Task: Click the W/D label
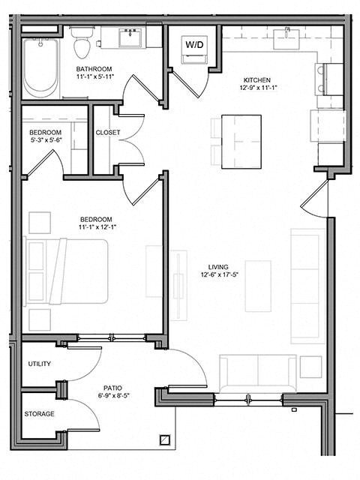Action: click(195, 45)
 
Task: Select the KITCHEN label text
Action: click(257, 79)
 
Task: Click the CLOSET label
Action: click(108, 133)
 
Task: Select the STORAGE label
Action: click(39, 434)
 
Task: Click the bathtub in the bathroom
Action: click(41, 67)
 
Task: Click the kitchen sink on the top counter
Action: click(286, 35)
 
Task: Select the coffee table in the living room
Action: click(257, 286)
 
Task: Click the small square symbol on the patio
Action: click(164, 441)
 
